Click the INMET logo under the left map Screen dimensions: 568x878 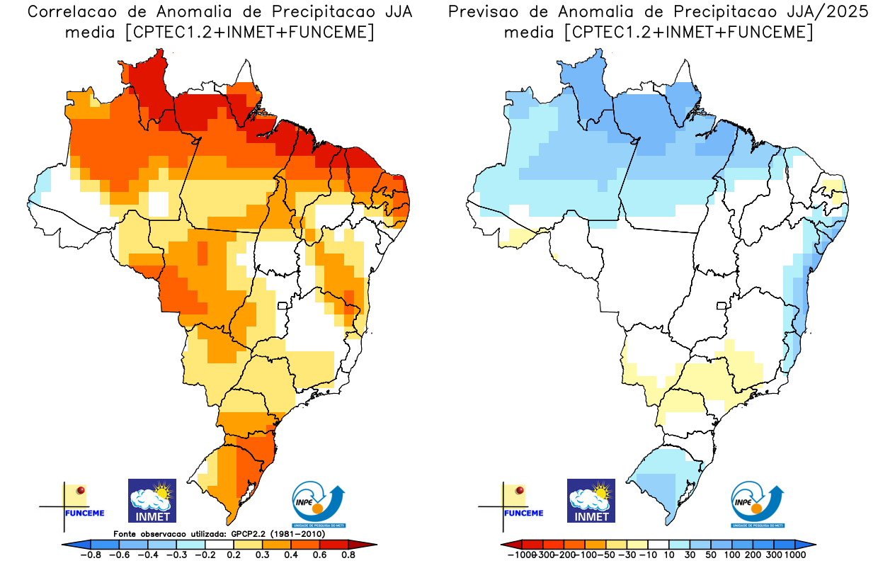coord(152,500)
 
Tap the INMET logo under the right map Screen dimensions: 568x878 coord(591,500)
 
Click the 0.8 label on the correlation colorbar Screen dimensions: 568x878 coord(348,555)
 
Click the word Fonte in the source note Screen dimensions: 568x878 coord(127,533)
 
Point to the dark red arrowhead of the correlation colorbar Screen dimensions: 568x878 coord(369,544)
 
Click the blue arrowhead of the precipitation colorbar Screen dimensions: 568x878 coord(809,544)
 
